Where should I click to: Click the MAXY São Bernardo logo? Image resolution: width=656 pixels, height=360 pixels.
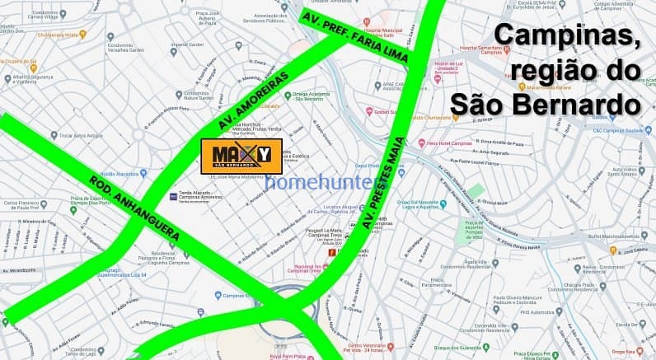(x=241, y=156)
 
